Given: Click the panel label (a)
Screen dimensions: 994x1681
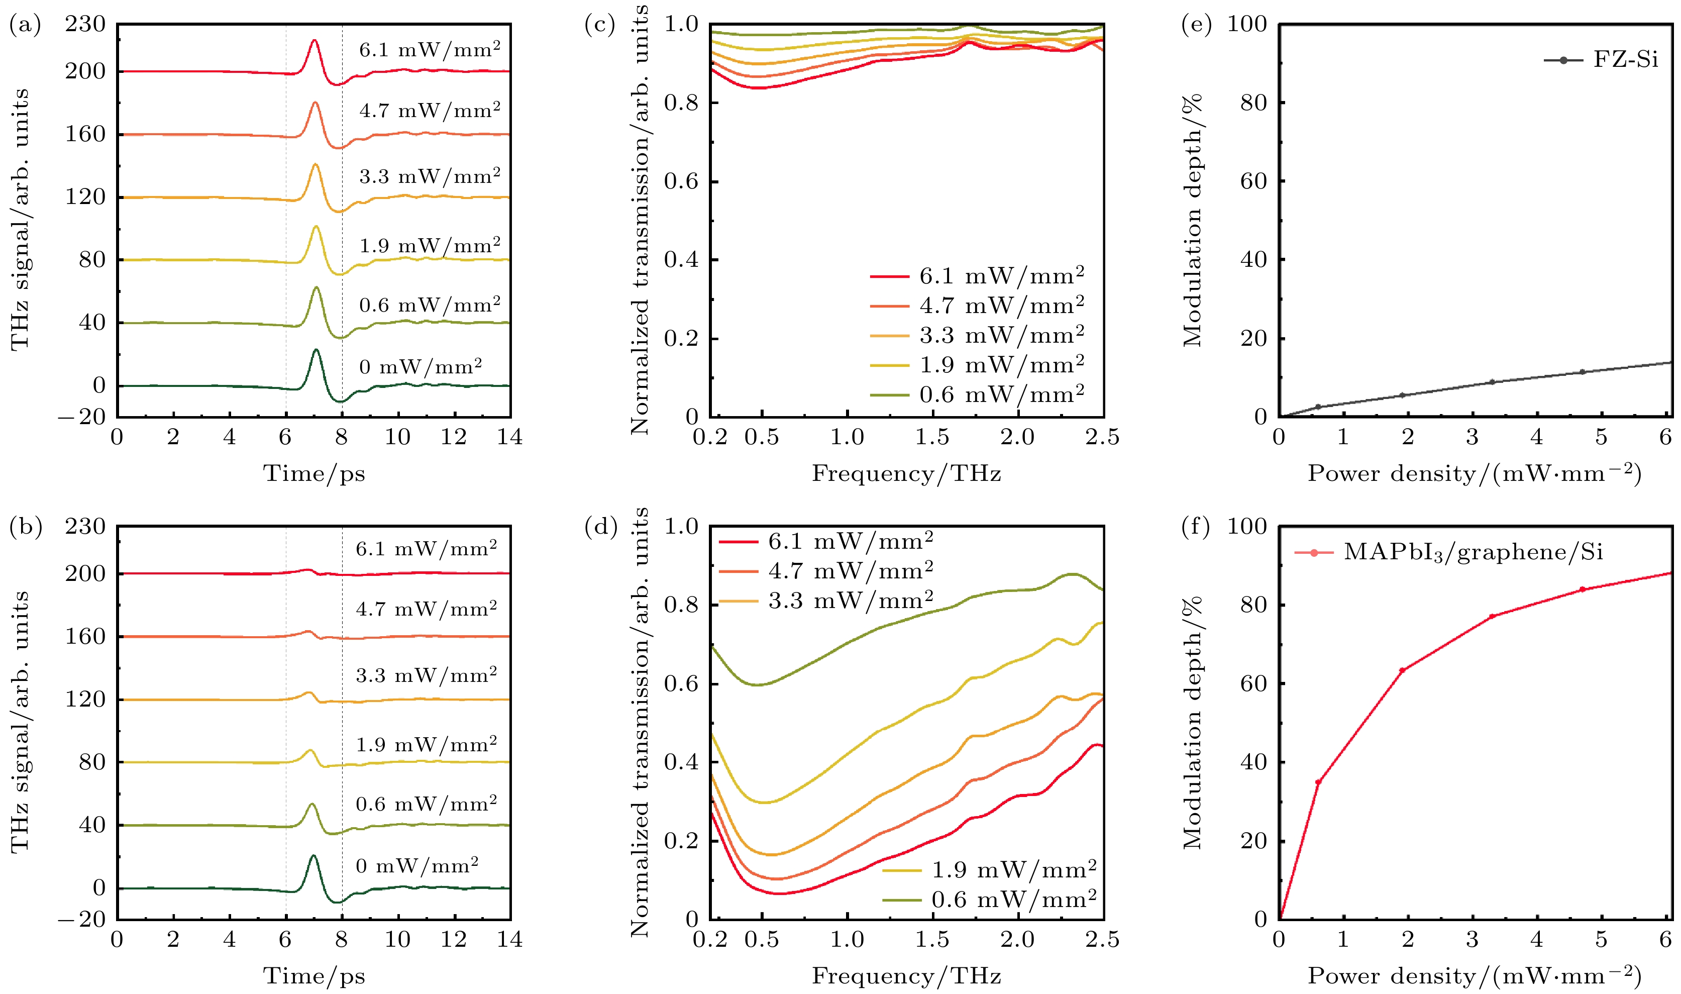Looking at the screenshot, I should pyautogui.click(x=25, y=26).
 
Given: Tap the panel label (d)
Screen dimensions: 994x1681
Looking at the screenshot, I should pyautogui.click(x=600, y=527).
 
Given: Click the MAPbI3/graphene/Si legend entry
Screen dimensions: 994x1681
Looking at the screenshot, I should pyautogui.click(x=1449, y=552).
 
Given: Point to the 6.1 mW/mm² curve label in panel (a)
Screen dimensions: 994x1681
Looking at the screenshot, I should pyautogui.click(x=429, y=50).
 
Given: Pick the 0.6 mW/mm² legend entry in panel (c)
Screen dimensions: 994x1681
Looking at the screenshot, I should pyautogui.click(x=978, y=394).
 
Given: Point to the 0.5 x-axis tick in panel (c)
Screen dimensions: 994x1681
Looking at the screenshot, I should pyautogui.click(x=762, y=437).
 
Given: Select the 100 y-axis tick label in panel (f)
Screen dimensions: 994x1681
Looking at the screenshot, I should pyautogui.click(x=1246, y=527).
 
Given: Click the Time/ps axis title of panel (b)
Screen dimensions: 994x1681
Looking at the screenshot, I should pyautogui.click(x=314, y=976).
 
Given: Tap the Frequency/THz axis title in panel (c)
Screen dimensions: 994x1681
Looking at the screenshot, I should pyautogui.click(x=906, y=473).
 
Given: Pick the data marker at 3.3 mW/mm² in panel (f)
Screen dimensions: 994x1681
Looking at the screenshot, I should pyautogui.click(x=1492, y=616).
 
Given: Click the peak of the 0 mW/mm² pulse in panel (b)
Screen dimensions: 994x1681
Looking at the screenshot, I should pyautogui.click(x=313, y=856).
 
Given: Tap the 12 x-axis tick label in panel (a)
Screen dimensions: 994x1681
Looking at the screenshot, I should pyautogui.click(x=453, y=437).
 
